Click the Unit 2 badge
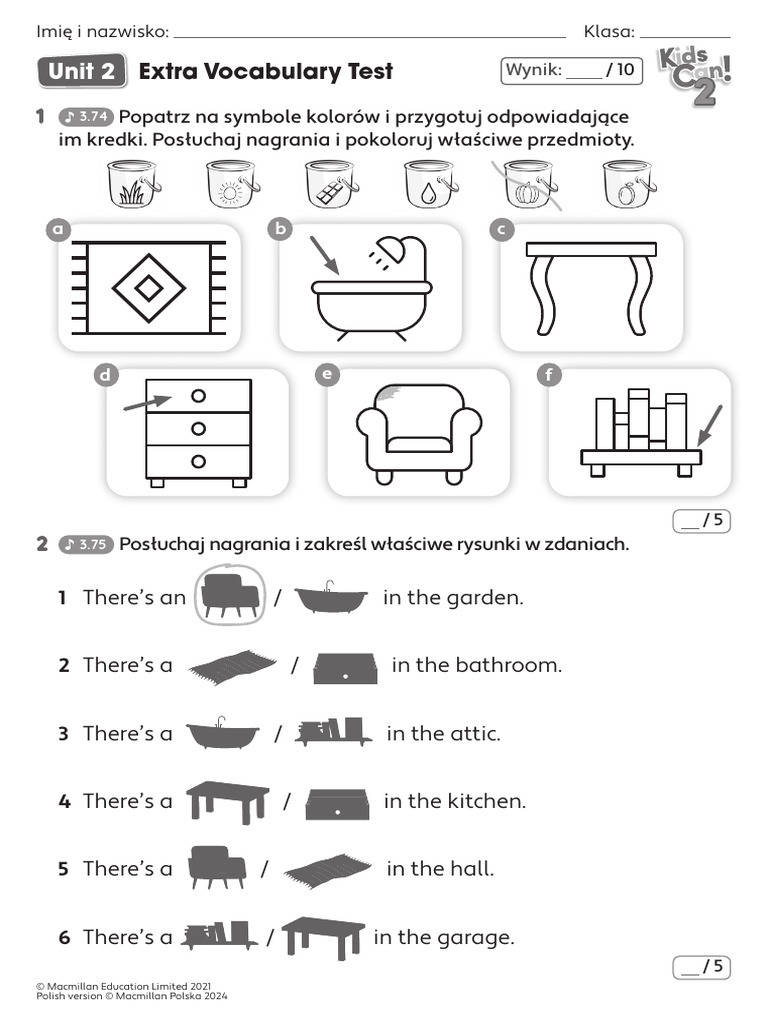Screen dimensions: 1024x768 pos(81,71)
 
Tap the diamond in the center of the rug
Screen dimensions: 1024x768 pos(149,288)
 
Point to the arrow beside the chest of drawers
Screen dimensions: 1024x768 pos(146,402)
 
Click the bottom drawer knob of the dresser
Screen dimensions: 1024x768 pos(198,461)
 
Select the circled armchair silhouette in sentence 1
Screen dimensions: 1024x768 pos(230,596)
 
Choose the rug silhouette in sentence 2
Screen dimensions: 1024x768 pos(233,665)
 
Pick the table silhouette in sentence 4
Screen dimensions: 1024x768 pos(227,800)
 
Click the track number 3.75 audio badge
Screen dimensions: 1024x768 pos(86,545)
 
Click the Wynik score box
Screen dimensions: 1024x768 pos(569,70)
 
